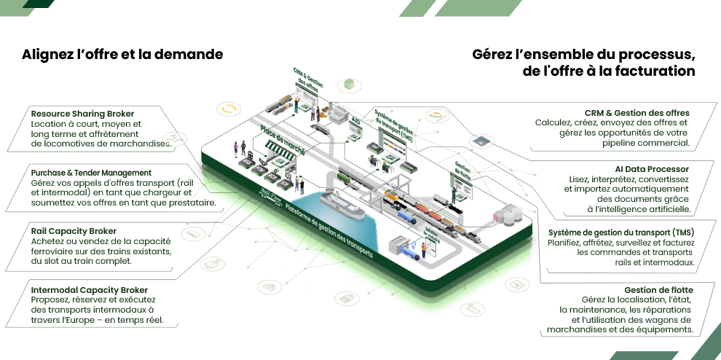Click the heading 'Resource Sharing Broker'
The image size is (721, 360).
[82, 114]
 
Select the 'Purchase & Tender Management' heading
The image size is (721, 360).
[91, 173]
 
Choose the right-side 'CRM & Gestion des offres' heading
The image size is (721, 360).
[637, 113]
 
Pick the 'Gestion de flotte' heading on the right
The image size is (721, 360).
[658, 289]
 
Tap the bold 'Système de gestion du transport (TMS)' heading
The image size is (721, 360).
[621, 232]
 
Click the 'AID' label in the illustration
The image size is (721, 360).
[356, 121]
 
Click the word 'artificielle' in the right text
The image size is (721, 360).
[666, 209]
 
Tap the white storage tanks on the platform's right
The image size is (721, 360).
[508, 214]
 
